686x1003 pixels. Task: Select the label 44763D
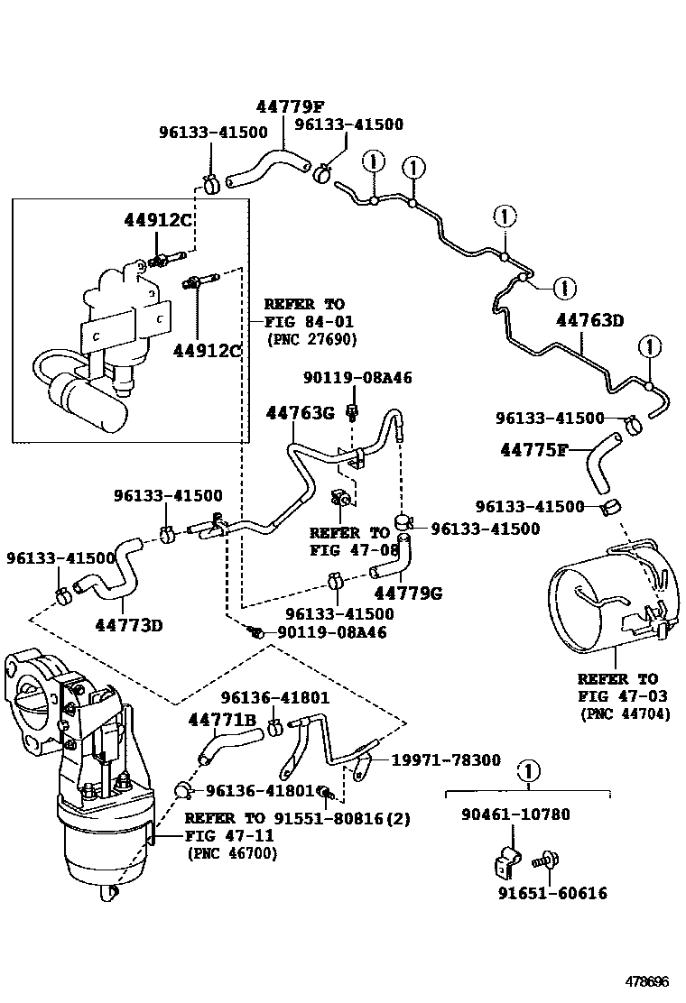(589, 319)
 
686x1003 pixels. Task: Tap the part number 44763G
(300, 413)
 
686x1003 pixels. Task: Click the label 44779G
(407, 593)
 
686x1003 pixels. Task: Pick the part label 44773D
(128, 623)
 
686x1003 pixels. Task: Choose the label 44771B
(222, 719)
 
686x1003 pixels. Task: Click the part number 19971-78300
(445, 760)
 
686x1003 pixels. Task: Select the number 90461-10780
(515, 814)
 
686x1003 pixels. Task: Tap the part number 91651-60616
(552, 893)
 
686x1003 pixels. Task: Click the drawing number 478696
(647, 980)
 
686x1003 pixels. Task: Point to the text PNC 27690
(312, 339)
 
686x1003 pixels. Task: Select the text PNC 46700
(232, 852)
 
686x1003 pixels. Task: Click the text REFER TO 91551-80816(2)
(297, 819)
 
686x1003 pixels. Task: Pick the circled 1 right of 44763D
(649, 346)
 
